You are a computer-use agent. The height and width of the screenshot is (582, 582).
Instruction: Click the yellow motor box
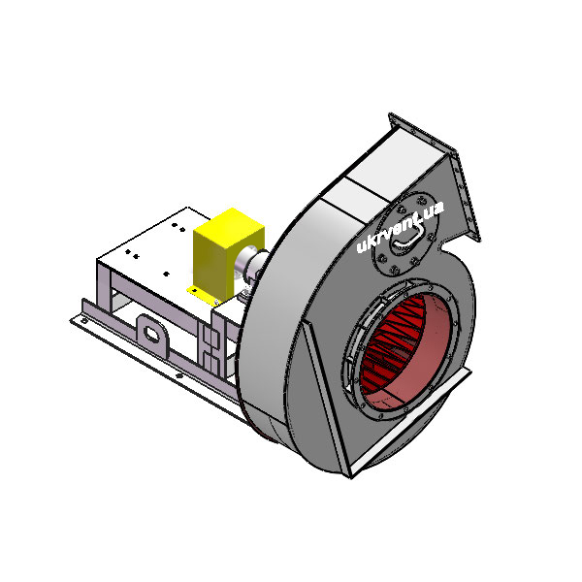[227, 253]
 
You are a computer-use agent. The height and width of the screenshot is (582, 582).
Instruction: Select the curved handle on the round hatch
[408, 237]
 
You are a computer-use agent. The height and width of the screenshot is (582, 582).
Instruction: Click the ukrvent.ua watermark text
[400, 227]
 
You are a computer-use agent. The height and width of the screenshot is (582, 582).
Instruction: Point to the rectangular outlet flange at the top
[435, 175]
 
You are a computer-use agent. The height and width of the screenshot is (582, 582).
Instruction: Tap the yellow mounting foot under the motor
[203, 295]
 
